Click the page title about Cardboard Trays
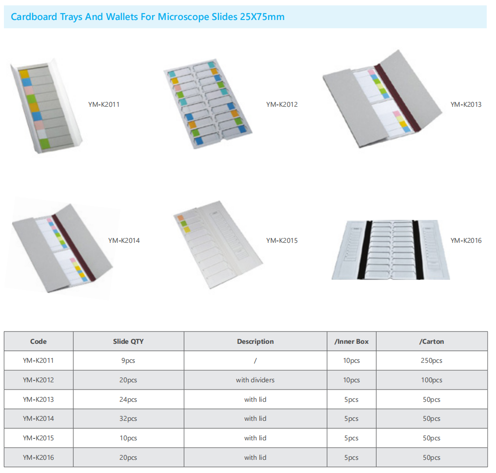pos(148,17)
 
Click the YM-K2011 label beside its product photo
pos(104,104)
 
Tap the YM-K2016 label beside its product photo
pos(466,240)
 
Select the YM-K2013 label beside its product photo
pos(466,104)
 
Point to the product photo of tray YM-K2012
pos(208,104)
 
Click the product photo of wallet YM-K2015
pos(218,244)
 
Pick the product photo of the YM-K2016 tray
pos(391,250)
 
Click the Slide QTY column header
pos(128,341)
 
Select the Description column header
pos(255,341)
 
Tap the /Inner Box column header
pos(352,341)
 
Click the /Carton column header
pos(432,341)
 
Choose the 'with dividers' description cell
pos(255,380)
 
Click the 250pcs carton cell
pos(432,360)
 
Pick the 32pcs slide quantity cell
pos(128,418)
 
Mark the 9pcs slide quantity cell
pos(128,360)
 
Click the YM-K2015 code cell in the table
pos(38,438)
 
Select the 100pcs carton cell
pos(432,380)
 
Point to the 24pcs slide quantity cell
pos(128,399)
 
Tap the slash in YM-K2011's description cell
pos(255,360)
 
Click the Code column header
pos(38,341)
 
